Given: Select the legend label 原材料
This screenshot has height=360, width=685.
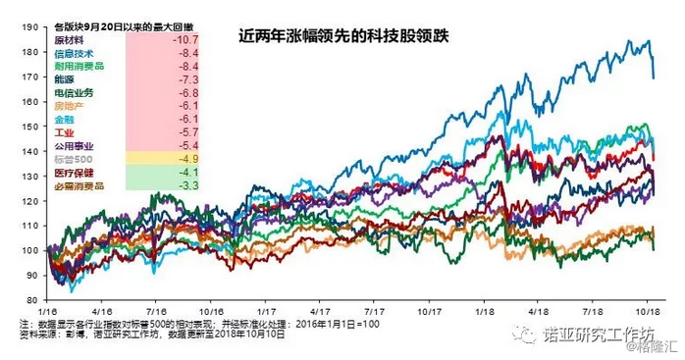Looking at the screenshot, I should click(x=68, y=39).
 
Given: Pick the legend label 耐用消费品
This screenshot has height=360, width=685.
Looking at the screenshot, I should click(x=79, y=66).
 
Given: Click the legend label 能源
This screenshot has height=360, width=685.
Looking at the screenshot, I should click(x=63, y=78).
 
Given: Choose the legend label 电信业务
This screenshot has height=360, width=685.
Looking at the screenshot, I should click(x=74, y=92).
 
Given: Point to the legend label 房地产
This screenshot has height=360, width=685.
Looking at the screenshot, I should click(x=68, y=105).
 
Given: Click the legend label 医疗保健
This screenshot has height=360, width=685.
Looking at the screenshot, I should click(x=74, y=172).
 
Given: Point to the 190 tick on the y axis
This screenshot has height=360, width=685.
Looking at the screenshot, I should click(x=31, y=27).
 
